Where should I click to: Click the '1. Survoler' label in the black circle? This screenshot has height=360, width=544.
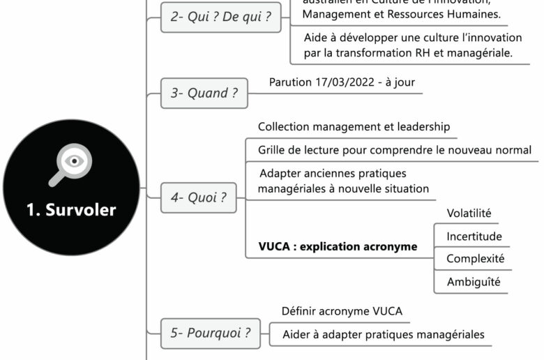pos(71,209)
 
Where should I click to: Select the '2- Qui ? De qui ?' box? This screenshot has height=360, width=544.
pos(221,17)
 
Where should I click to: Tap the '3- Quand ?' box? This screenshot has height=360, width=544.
pos(204,93)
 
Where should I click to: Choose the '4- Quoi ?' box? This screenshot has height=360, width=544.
pos(199,197)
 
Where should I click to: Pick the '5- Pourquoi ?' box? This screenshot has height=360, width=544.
pos(211,333)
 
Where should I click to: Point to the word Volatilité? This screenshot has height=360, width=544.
pos(469,213)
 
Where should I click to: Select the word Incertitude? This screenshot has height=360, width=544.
pos(474,237)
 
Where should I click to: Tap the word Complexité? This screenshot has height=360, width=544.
pos(475,259)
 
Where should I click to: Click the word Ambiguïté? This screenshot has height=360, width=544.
pos(474,282)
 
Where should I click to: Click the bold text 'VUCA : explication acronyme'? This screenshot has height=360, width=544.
pos(338,246)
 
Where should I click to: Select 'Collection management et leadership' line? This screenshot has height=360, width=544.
pos(354,127)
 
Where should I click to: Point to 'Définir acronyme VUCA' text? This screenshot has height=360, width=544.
pos(342,311)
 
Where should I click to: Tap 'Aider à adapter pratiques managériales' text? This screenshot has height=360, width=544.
pos(383,334)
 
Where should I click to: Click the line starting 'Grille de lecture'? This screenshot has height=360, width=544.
pos(394,150)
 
